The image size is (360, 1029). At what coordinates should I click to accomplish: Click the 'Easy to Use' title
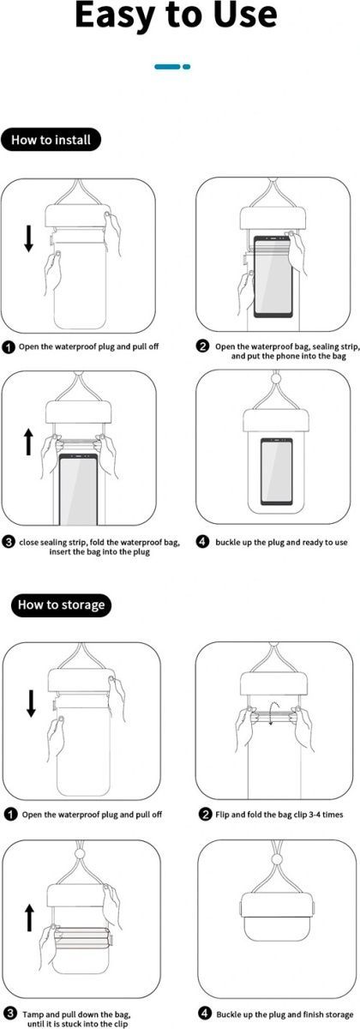pos(176,15)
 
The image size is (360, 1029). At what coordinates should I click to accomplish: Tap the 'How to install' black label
pos(51,140)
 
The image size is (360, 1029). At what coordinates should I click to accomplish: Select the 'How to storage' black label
pos(61,605)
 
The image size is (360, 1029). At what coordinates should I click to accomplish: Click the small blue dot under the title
pos(187,67)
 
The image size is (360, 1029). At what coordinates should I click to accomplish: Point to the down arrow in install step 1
pos(28,238)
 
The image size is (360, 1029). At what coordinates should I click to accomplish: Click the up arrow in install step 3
pos(28,441)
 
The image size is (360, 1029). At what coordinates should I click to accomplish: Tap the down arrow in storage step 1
pos(31,703)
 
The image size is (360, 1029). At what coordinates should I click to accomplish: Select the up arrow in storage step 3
pos(29,918)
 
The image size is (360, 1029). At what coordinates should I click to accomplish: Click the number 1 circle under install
pos(9,347)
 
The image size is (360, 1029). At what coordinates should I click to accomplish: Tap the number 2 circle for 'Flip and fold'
pos(205,815)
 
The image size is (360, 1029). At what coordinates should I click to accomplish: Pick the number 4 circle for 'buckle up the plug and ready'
pos(202,542)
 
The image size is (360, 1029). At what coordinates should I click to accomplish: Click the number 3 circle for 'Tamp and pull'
pos(10,1014)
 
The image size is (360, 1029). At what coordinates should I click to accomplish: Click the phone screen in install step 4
pos(276,471)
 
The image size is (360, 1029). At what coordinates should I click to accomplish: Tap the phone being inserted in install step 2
pos(273,276)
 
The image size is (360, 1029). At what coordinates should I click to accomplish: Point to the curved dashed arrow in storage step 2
pos(272,713)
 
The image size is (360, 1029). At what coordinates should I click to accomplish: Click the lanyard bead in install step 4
pos(275,379)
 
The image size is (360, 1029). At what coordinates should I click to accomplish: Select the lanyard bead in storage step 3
pos(81,854)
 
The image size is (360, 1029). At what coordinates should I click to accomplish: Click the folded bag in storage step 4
pos(276,923)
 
